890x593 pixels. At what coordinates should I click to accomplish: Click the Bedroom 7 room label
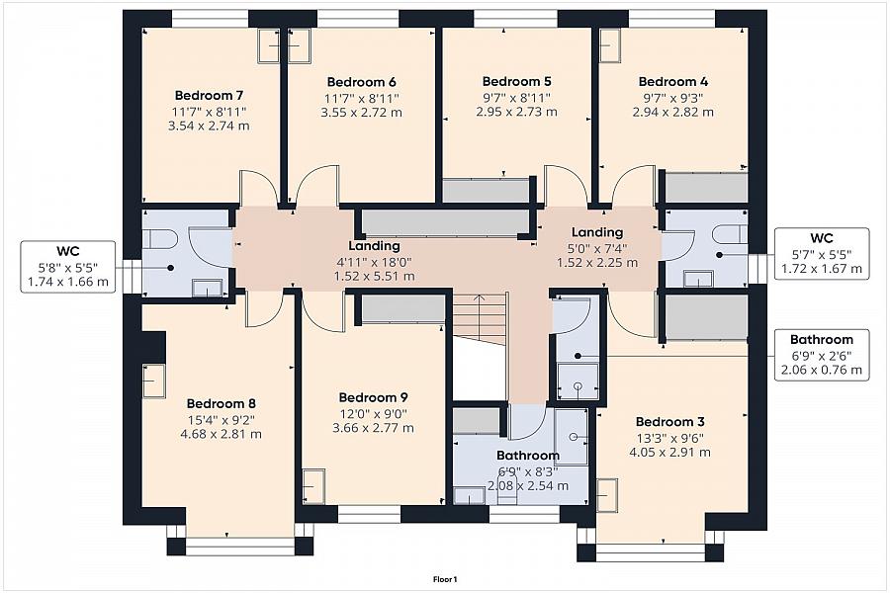pyautogui.click(x=209, y=95)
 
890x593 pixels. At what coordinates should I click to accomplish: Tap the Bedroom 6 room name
pyautogui.click(x=362, y=82)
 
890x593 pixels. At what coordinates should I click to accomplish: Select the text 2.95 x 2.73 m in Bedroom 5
pyautogui.click(x=516, y=112)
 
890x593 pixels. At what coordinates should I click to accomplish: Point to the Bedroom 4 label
pyautogui.click(x=673, y=82)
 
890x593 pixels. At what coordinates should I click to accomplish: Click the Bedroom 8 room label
pyautogui.click(x=221, y=404)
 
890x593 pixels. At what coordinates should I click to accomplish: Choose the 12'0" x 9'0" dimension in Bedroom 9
pyautogui.click(x=373, y=414)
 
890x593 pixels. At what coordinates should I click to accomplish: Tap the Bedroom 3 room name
pyautogui.click(x=669, y=422)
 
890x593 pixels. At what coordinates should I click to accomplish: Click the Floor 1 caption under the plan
pyautogui.click(x=445, y=579)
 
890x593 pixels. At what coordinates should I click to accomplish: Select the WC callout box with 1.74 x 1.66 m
pyautogui.click(x=68, y=267)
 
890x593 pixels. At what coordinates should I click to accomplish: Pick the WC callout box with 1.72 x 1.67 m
pyautogui.click(x=822, y=254)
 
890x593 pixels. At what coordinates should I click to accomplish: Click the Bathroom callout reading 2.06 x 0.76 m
pyautogui.click(x=822, y=355)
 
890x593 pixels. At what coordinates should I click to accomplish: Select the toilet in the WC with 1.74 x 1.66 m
pyautogui.click(x=160, y=239)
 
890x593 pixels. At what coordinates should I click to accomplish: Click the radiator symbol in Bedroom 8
pyautogui.click(x=154, y=381)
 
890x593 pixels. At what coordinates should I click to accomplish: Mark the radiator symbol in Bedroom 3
pyautogui.click(x=606, y=495)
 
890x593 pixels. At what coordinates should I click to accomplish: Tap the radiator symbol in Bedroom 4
pyautogui.click(x=611, y=44)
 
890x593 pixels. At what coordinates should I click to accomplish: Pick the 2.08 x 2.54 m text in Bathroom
pyautogui.click(x=528, y=485)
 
